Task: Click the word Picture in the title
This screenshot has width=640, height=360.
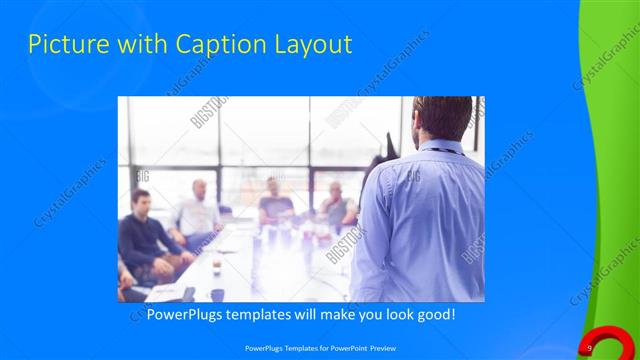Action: pyautogui.click(x=63, y=44)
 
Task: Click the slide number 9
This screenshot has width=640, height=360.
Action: pyautogui.click(x=590, y=347)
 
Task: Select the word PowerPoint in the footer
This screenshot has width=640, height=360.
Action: pyautogui.click(x=338, y=347)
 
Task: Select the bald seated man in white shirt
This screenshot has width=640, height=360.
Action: pyautogui.click(x=197, y=211)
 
